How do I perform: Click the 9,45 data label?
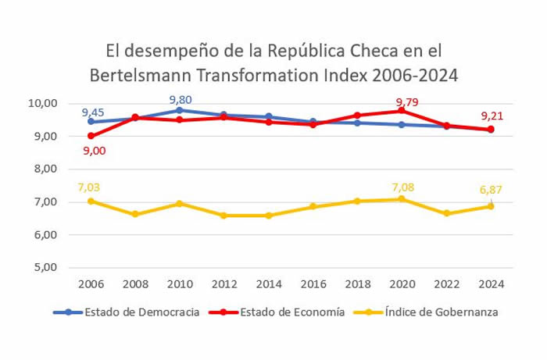tap(95, 112)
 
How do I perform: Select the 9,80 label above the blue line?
tap(180, 99)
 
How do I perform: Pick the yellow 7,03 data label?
tap(91, 186)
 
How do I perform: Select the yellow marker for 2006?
tap(91, 201)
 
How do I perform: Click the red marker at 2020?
tap(402, 111)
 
